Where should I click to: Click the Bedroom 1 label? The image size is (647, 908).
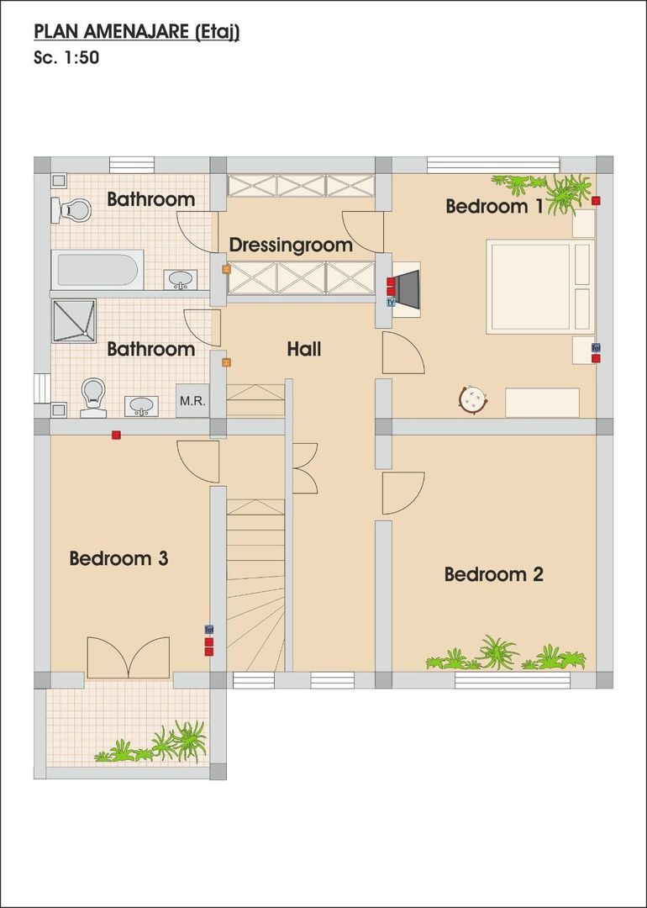coord(493,206)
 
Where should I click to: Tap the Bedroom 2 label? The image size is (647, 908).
coord(493,574)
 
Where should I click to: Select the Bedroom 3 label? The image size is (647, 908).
coord(118,557)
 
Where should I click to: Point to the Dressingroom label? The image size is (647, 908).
coord(291,245)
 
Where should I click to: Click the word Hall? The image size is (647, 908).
coord(303,349)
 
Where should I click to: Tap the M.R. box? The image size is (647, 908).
coord(192,401)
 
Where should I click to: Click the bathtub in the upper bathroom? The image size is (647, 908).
coord(97,270)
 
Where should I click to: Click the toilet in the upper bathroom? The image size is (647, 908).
coord(72,209)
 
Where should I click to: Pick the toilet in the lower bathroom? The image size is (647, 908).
coord(92,396)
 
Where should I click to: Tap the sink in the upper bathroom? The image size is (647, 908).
coord(181,279)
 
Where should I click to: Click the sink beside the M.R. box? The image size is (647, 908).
coord(142,406)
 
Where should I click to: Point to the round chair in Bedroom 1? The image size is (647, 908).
coord(475,399)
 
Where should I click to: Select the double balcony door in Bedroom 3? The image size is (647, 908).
coord(128,657)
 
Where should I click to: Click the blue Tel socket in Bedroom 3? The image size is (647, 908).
coord(209,629)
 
